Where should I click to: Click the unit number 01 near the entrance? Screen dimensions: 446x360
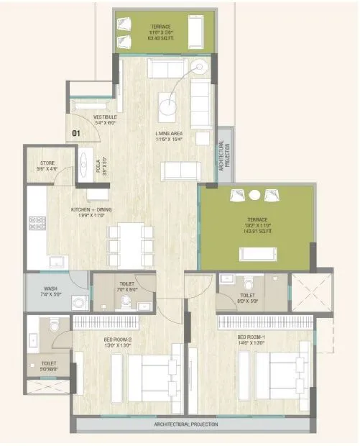pos(77,132)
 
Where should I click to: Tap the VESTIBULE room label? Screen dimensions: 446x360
pos(105,117)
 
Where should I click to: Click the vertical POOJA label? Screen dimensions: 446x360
pos(98,167)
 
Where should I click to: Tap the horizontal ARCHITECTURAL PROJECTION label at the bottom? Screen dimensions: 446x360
pos(186,425)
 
